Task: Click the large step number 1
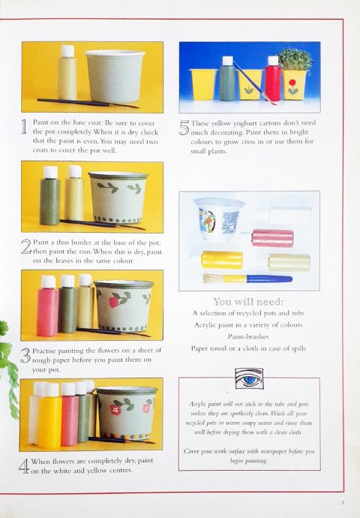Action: point(24,127)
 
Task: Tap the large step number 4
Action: point(24,465)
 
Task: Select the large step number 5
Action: point(184,128)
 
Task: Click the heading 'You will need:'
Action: point(248,302)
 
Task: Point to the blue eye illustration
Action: point(249,378)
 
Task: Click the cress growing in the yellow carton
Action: point(295,59)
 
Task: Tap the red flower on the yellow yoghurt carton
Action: point(292,83)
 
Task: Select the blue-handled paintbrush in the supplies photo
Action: point(247,279)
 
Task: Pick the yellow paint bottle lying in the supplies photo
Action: point(222,260)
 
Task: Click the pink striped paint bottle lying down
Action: point(272,238)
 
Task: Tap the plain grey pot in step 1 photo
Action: point(115,76)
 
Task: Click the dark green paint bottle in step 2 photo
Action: point(50,196)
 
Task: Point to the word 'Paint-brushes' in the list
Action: point(248,336)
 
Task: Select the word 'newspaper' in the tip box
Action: point(274,451)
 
